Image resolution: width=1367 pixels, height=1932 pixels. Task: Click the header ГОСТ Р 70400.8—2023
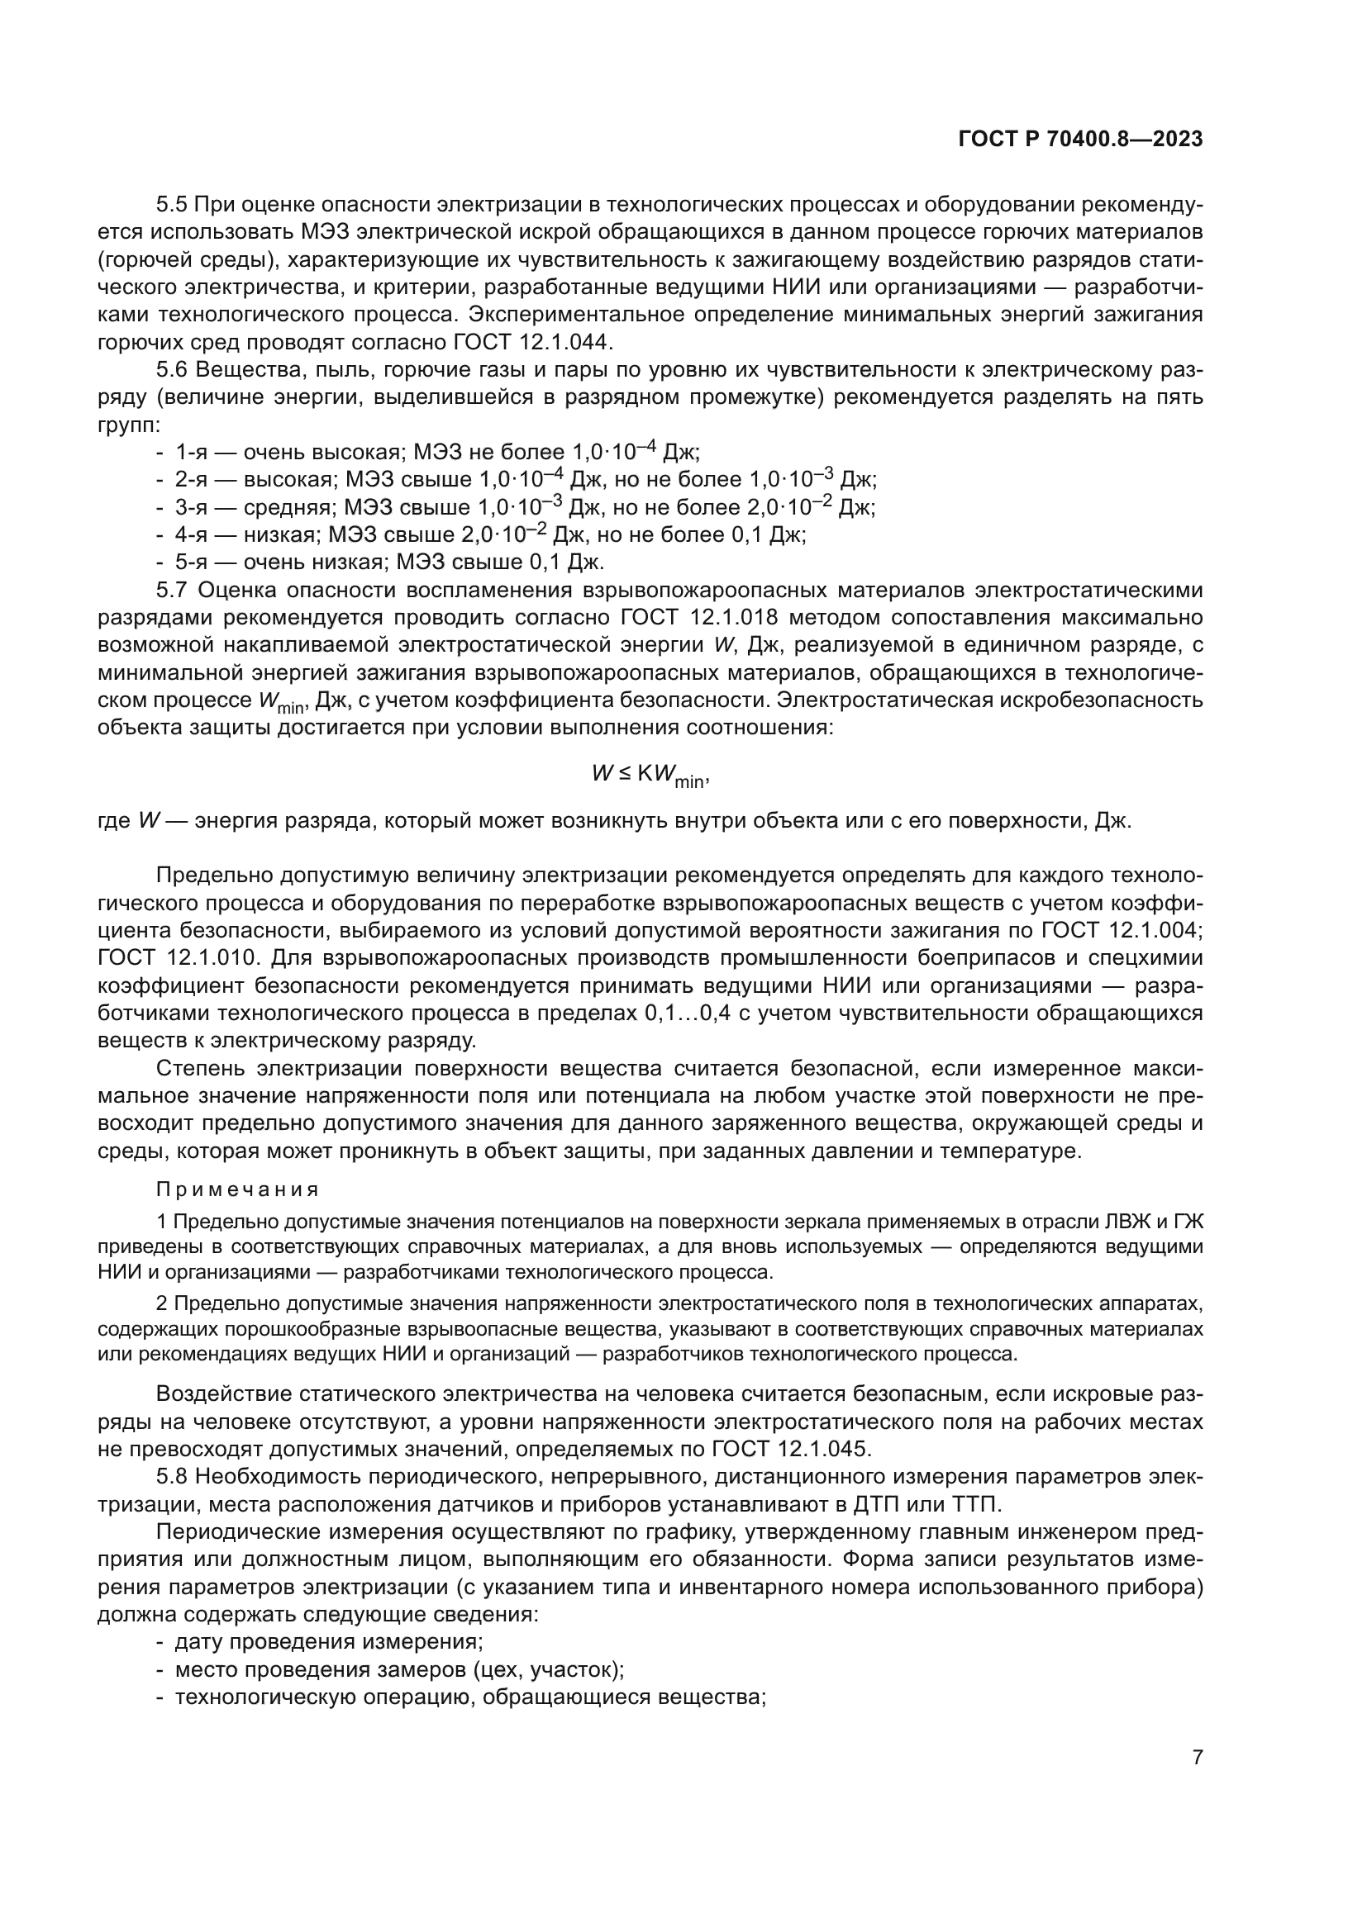[1080, 140]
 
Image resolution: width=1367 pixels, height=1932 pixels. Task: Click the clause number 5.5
[174, 205]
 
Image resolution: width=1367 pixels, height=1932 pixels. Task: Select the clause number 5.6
[174, 369]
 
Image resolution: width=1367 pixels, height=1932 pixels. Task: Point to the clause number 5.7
[174, 590]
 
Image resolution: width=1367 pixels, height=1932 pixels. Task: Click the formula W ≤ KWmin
[651, 775]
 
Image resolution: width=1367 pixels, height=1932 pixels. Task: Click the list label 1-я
[191, 453]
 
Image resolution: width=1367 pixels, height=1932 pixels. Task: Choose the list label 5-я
[191, 563]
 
